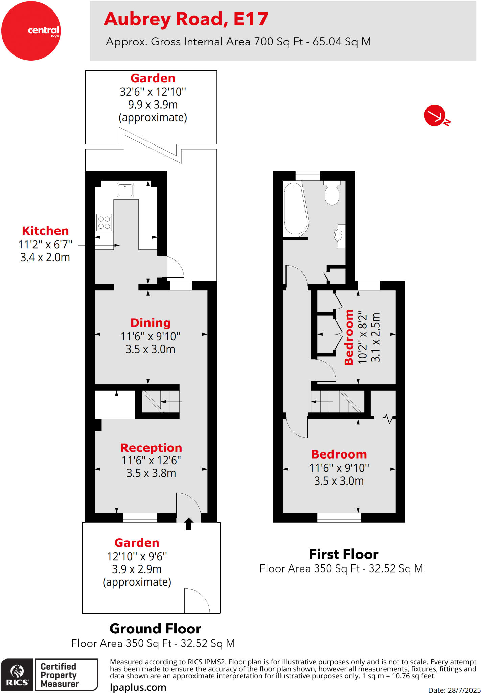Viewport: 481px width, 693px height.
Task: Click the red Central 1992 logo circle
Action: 31,31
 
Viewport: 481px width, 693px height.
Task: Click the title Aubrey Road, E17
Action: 186,19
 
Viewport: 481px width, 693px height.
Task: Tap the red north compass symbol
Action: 435,115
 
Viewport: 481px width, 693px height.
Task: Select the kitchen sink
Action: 125,190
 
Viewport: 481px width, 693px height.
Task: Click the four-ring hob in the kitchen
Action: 104,222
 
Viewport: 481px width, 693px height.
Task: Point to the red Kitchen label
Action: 45,231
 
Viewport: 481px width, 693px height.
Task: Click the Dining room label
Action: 151,323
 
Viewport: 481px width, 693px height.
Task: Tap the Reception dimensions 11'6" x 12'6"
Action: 151,461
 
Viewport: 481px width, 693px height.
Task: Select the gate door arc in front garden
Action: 197,601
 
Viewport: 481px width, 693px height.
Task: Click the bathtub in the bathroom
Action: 296,209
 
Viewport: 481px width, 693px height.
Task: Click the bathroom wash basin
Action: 339,234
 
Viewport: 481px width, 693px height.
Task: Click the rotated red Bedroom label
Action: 349,337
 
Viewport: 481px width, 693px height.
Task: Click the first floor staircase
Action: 337,402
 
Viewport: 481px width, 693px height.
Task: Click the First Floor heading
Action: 343,554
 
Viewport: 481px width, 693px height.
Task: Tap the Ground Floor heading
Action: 155,629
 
